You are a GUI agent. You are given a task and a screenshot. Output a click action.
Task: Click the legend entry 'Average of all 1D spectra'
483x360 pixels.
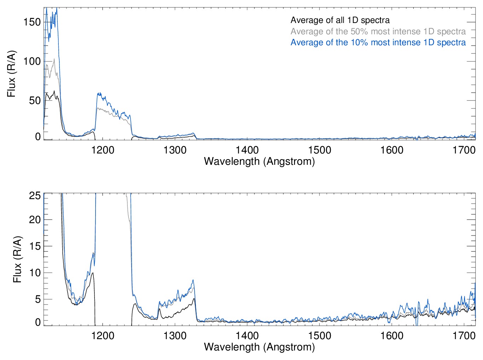point(340,20)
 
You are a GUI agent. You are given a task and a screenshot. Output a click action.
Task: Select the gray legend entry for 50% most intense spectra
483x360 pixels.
point(378,31)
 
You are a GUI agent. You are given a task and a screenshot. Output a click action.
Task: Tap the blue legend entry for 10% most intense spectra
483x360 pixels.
point(378,42)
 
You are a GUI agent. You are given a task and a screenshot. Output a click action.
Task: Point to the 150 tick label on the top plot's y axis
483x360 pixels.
point(32,22)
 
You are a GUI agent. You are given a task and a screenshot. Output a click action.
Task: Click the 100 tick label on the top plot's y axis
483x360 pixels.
point(32,61)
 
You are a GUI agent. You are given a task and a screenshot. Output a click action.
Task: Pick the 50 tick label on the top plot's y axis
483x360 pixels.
point(35,100)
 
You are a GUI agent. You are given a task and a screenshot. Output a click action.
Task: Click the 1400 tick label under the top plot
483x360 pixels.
point(247,150)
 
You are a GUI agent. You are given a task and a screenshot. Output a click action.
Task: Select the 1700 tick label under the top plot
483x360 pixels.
point(464,150)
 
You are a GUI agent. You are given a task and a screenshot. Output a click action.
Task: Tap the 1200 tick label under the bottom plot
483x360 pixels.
point(103,336)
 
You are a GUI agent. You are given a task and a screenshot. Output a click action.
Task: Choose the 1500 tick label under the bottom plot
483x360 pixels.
point(320,336)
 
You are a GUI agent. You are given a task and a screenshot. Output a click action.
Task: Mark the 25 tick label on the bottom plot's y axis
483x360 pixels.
point(35,196)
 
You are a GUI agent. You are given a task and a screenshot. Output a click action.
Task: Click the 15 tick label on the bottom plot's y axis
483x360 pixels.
point(35,246)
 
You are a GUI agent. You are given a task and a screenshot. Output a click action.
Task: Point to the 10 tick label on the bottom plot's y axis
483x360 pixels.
point(35,273)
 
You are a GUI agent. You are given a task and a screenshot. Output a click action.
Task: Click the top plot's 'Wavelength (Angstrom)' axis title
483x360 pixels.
point(259,162)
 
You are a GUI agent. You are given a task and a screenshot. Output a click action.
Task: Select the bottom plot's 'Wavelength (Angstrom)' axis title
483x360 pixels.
point(259,347)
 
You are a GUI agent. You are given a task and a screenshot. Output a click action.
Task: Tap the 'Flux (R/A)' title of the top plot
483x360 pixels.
point(11,74)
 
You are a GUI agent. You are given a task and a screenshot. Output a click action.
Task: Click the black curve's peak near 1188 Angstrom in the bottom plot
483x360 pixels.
point(93,273)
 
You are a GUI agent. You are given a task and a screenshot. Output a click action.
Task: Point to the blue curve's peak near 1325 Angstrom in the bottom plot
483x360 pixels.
point(193,280)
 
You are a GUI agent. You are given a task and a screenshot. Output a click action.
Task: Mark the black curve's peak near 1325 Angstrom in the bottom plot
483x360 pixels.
point(194,298)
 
